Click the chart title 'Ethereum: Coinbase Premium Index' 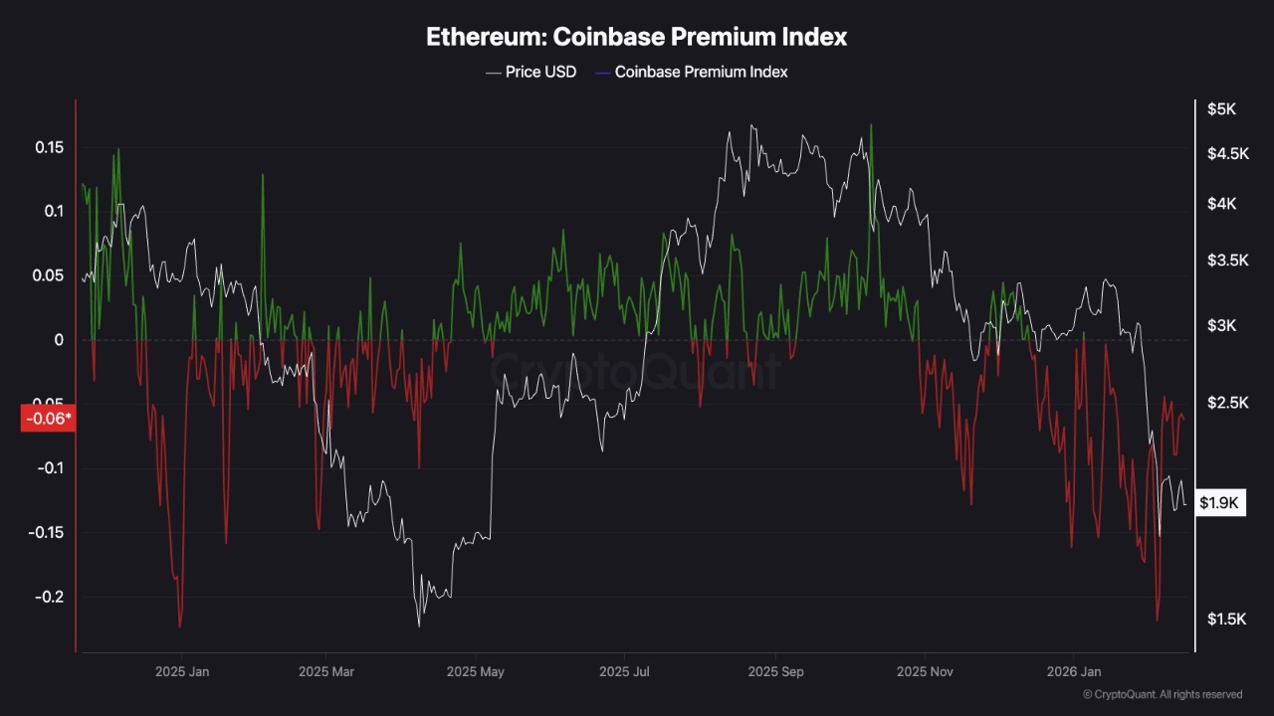[637, 37]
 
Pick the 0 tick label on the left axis [59, 340]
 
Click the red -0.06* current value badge [48, 419]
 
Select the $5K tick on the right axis [1220, 109]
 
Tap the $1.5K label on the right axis [1224, 620]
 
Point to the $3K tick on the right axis [1220, 326]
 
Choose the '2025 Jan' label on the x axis [182, 672]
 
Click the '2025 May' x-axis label [477, 672]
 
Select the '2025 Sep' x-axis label [775, 672]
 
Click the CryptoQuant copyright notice [1162, 694]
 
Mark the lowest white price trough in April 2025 [418, 626]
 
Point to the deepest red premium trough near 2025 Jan [180, 626]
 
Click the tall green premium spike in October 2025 [871, 126]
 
